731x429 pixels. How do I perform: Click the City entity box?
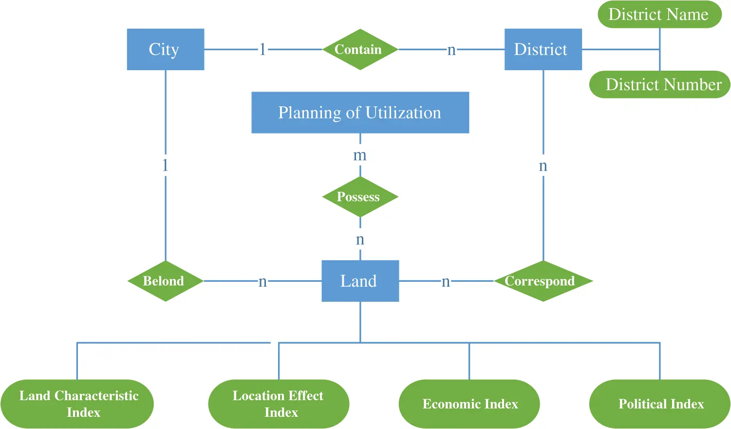(x=165, y=49)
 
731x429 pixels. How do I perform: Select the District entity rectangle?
(x=543, y=49)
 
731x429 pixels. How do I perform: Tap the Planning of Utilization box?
(x=360, y=113)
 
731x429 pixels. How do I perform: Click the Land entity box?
(x=360, y=281)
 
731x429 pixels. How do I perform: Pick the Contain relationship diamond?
(x=360, y=49)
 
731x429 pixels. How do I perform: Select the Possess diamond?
(x=360, y=197)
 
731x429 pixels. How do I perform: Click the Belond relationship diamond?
(x=165, y=281)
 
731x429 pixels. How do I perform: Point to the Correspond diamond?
(x=543, y=281)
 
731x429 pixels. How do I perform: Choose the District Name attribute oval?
(x=659, y=15)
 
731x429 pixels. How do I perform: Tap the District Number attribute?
(x=660, y=85)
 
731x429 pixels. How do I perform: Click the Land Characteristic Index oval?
(x=77, y=404)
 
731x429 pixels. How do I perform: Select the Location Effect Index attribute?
(x=279, y=404)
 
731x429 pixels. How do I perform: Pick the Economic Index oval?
(x=469, y=404)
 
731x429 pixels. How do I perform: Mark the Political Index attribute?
(x=660, y=404)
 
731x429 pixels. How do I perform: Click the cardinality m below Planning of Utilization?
(x=360, y=156)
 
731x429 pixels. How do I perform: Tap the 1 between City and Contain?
(x=262, y=49)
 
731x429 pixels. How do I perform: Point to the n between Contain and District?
(x=451, y=50)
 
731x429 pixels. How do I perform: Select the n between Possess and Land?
(x=360, y=239)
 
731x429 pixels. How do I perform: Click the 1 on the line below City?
(x=165, y=165)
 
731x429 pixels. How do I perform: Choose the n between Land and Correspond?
(x=445, y=281)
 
